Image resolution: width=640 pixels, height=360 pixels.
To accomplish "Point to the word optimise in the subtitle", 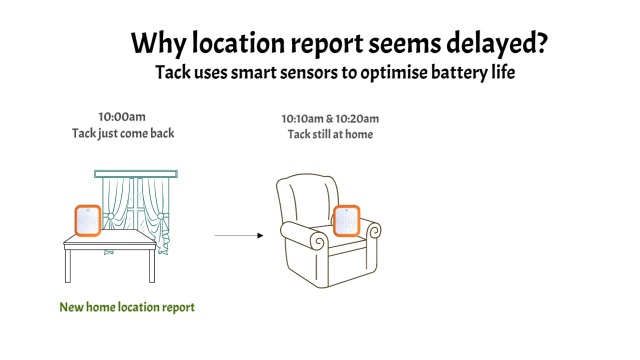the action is pos(394,73).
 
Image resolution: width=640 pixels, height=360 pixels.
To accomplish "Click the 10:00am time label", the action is pos(122,117).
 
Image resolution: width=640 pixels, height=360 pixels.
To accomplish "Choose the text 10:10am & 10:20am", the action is pos(330,119).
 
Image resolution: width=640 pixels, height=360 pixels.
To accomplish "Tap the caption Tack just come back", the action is pos(123,133).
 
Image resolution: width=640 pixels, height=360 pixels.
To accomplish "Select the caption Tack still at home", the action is pos(330,134).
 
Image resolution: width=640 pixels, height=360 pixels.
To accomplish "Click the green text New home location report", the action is pos(127,307).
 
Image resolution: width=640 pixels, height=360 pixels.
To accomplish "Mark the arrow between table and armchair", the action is pos(239,236).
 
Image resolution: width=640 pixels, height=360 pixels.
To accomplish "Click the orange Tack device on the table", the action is pos(88,220).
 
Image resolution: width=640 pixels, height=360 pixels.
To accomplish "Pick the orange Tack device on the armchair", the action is pos(347,221).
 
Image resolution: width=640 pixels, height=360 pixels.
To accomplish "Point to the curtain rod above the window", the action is pos(136,174).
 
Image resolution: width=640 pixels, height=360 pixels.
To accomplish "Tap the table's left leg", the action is pos(68,266).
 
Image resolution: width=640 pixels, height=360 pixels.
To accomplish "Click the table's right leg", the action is pos(152,266).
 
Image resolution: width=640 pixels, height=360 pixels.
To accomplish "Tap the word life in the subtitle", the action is pos(503,72).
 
